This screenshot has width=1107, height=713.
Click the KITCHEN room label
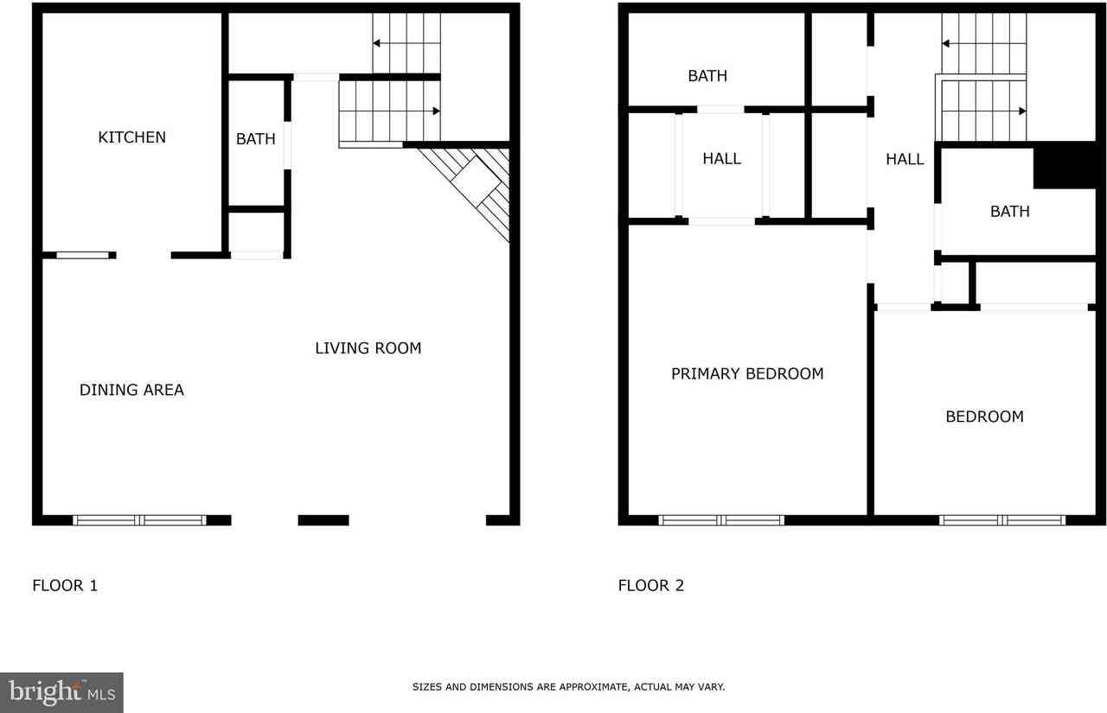coord(131,137)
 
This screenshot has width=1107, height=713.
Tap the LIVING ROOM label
coord(368,348)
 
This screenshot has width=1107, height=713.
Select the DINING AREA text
coord(131,390)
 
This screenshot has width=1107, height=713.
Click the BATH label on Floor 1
coord(256,139)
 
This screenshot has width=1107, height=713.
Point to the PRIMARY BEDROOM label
coord(747,373)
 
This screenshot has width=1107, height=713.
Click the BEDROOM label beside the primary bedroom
coord(984,417)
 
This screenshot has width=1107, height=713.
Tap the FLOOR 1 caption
coord(65,586)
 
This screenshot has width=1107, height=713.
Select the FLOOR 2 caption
coord(650,586)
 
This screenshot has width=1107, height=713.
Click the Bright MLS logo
coord(61,692)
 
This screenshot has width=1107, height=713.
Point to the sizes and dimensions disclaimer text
coord(568,687)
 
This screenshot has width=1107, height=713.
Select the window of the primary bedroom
coord(721,520)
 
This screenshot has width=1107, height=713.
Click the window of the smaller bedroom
coord(1002,520)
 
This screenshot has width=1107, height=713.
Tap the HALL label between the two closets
coord(721,159)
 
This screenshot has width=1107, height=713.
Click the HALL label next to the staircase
coord(905,159)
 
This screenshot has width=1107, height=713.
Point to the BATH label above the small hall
coord(707,76)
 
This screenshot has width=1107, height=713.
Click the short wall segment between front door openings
coord(323,520)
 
